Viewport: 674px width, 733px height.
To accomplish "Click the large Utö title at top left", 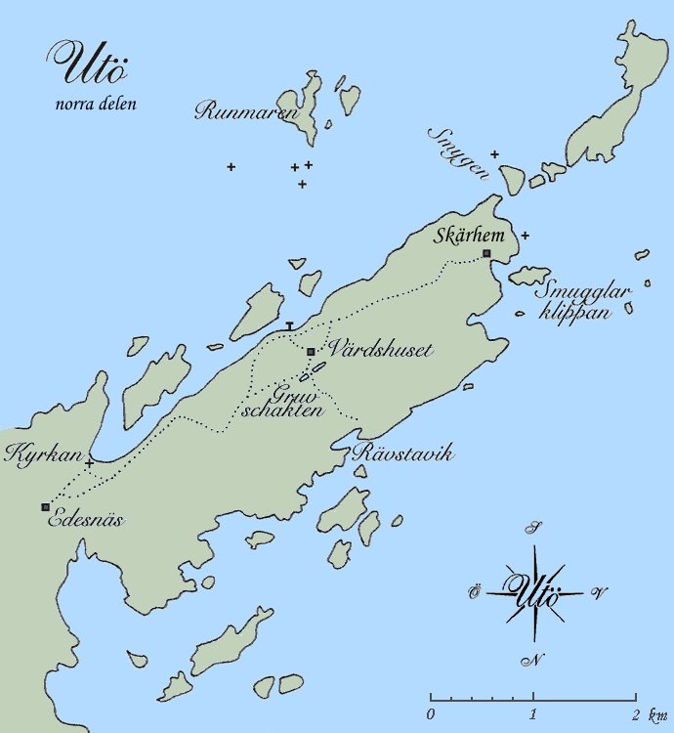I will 89,65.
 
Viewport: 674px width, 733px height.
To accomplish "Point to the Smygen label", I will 458,153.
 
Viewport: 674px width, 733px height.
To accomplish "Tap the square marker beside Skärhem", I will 486,254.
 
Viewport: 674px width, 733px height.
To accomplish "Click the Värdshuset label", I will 369,348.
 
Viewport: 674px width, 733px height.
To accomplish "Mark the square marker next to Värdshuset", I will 311,352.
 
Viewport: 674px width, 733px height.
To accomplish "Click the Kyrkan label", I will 41,454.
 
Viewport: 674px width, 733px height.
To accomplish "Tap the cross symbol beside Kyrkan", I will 90,462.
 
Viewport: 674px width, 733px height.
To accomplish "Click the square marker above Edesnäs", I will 45,506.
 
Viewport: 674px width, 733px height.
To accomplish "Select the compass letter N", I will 533,661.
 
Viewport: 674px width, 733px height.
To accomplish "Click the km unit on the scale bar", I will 652,715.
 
